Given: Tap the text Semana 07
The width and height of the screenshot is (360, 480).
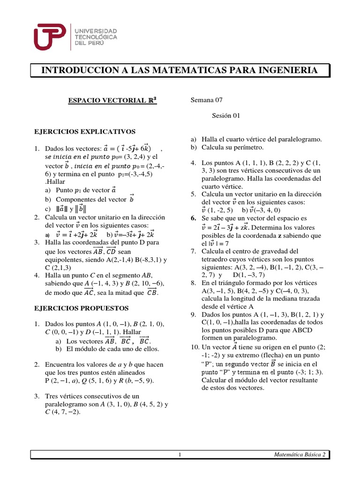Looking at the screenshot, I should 207,100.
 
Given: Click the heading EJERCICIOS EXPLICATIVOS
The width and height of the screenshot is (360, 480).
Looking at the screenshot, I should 85,132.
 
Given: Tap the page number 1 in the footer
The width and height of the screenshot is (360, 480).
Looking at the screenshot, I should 180,455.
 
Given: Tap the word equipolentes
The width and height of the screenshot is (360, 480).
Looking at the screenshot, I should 66,259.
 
